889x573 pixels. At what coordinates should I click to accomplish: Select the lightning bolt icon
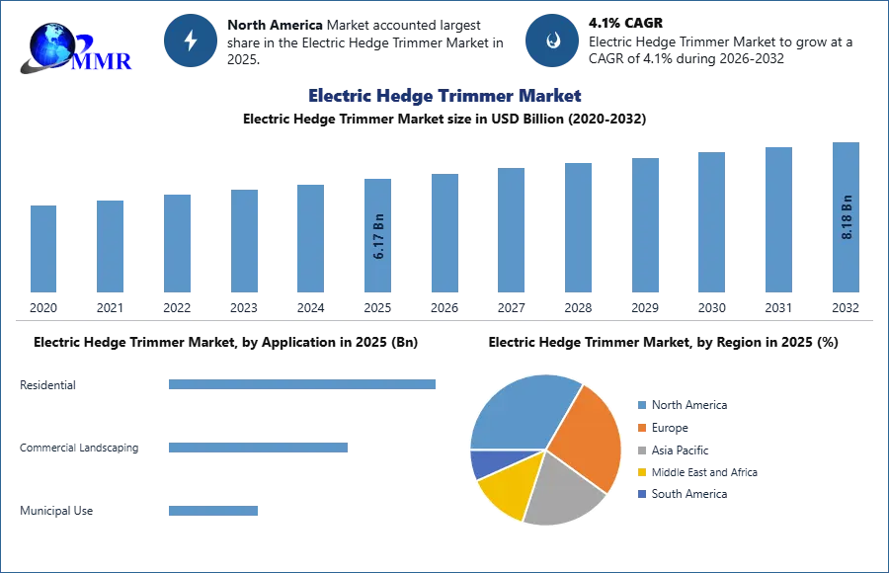pyautogui.click(x=191, y=41)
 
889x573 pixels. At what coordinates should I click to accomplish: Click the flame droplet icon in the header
pyautogui.click(x=551, y=41)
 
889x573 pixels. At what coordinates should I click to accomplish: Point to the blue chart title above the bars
pyautogui.click(x=445, y=96)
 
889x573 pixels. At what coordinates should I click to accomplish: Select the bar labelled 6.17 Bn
pyautogui.click(x=378, y=233)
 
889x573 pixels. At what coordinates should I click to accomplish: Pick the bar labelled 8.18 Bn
pyautogui.click(x=846, y=217)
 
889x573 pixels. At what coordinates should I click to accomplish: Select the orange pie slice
pyautogui.click(x=588, y=435)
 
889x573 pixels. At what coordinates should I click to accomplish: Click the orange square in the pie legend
pyautogui.click(x=641, y=428)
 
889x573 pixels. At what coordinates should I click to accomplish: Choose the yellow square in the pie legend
pyautogui.click(x=641, y=473)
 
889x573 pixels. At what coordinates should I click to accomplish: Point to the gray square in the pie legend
pyautogui.click(x=641, y=450)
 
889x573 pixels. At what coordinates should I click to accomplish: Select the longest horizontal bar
pyautogui.click(x=304, y=387)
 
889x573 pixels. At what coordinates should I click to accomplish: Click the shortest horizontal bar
pyautogui.click(x=213, y=514)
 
